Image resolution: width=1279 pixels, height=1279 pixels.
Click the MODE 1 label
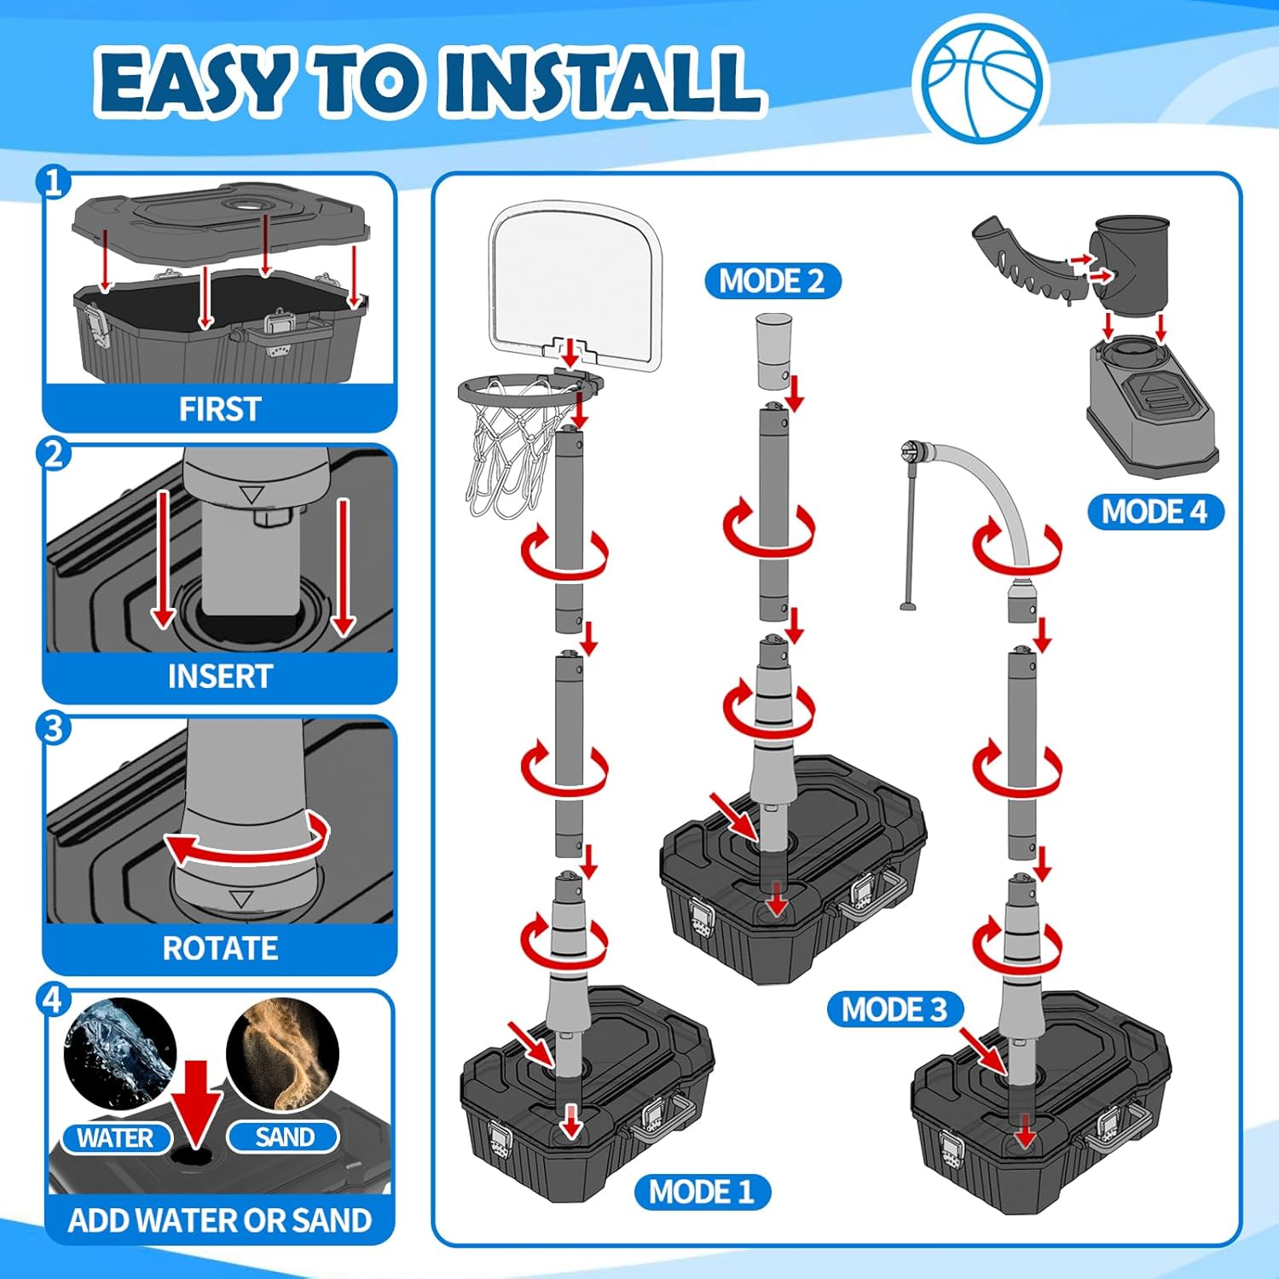click(703, 1191)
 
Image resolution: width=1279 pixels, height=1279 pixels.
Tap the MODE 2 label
click(773, 281)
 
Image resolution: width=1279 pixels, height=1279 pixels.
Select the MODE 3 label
click(895, 1010)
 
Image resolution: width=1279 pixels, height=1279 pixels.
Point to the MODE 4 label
click(1155, 512)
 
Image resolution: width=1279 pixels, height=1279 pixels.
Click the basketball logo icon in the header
click(981, 79)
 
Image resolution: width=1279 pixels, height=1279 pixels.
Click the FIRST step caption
click(220, 409)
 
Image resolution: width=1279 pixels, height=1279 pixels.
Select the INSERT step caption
click(220, 677)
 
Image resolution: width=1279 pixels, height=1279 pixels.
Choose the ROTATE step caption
click(220, 948)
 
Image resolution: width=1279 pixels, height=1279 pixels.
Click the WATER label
click(116, 1137)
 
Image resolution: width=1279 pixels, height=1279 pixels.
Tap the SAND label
click(284, 1137)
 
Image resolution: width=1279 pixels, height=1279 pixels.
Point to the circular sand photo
click(283, 1056)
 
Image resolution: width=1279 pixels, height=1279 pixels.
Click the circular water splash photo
click(120, 1054)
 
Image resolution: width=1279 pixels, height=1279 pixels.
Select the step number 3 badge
click(53, 728)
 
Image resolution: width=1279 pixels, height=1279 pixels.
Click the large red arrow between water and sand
click(197, 1104)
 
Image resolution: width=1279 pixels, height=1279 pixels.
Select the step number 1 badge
click(53, 182)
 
